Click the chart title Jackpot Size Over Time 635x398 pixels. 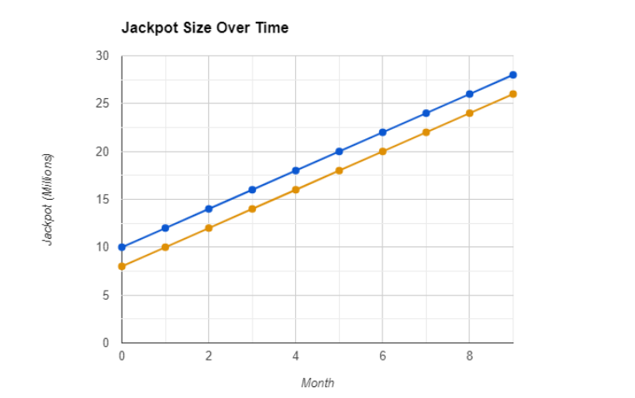205,27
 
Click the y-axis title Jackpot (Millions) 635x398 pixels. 48,200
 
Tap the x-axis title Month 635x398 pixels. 317,383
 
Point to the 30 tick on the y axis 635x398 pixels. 102,56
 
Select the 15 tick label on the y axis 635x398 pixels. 102,199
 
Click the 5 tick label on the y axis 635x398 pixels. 105,295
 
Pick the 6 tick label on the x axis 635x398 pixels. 382,356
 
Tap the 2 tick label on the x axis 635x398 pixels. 208,356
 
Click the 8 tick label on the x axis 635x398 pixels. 469,356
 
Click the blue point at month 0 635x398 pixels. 122,247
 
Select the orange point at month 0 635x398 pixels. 122,266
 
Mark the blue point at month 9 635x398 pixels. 512,75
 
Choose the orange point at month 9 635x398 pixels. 512,94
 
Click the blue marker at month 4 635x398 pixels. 296,171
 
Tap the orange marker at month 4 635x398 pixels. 296,190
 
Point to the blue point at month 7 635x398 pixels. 426,113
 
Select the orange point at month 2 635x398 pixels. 208,228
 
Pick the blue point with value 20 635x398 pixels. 339,152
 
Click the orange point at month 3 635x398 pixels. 252,209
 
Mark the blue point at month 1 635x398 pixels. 165,228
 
